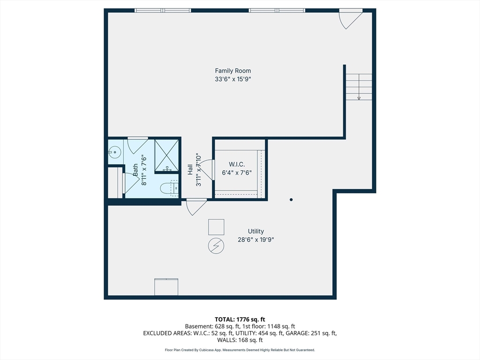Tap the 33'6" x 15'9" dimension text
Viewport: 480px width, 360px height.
[232, 79]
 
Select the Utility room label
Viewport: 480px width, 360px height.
[256, 231]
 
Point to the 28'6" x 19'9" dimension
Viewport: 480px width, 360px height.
[256, 240]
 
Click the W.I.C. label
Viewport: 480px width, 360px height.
[237, 164]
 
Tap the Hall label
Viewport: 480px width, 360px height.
[190, 169]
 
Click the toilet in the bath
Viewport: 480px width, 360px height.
[168, 188]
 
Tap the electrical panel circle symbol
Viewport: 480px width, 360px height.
[216, 245]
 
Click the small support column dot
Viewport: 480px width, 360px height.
[291, 200]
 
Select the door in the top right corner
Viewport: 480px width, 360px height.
[349, 18]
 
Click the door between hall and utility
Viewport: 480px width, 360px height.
[196, 206]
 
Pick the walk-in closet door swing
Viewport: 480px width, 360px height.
[209, 169]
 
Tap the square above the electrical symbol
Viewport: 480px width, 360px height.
[216, 227]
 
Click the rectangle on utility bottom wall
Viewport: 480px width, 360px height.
[166, 287]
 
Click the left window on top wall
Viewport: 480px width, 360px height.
[163, 10]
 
